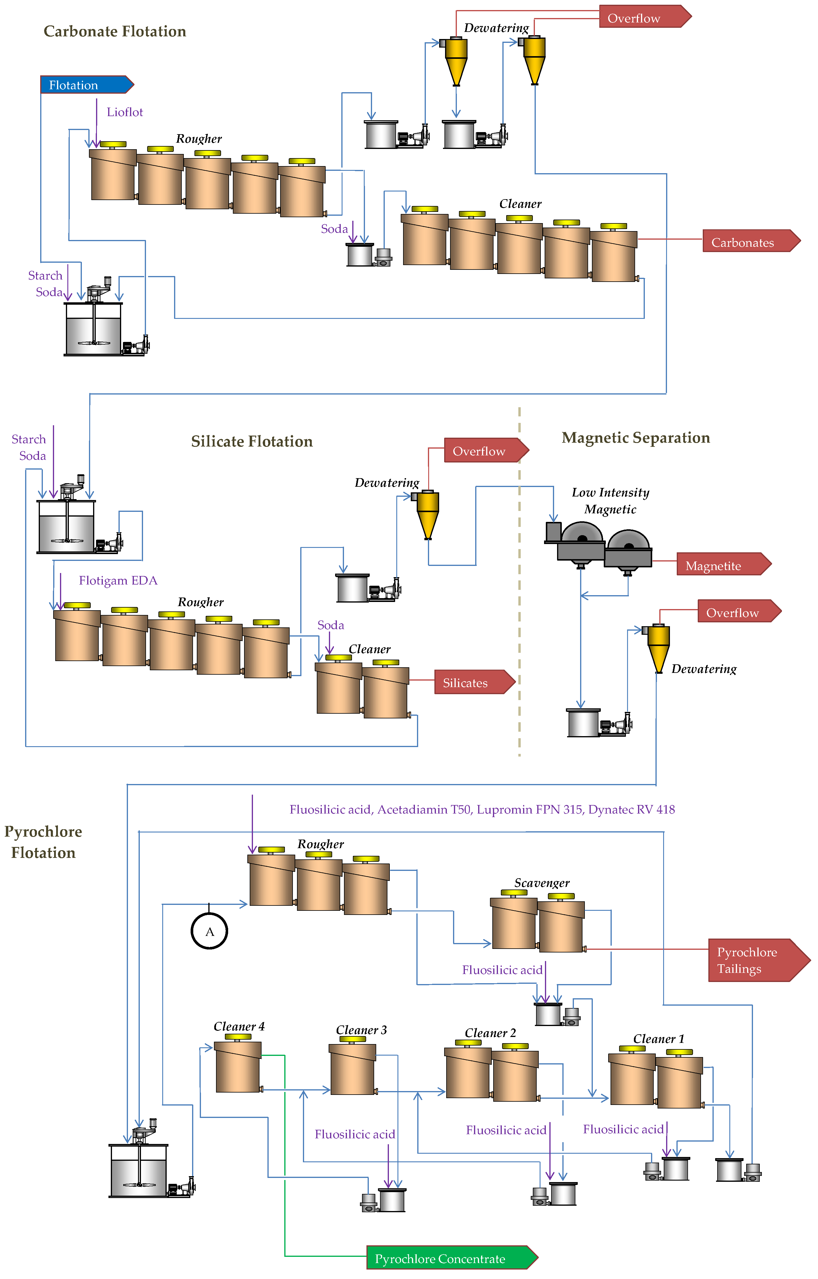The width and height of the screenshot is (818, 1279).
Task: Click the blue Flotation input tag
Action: (85, 85)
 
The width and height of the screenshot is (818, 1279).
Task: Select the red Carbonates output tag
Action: (749, 242)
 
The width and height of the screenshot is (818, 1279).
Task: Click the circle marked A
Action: (209, 931)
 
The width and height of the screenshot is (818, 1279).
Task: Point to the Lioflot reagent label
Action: (125, 112)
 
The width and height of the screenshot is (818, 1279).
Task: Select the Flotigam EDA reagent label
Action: (118, 580)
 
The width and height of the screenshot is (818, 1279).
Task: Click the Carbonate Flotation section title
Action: (115, 31)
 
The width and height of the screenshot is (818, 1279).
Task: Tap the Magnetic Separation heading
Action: (636, 438)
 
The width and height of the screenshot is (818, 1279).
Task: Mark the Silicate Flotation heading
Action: (252, 442)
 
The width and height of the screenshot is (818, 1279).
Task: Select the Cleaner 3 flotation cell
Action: (353, 1069)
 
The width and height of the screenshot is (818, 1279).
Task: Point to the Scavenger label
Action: (542, 883)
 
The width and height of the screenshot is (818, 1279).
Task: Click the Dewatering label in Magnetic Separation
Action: (704, 669)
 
